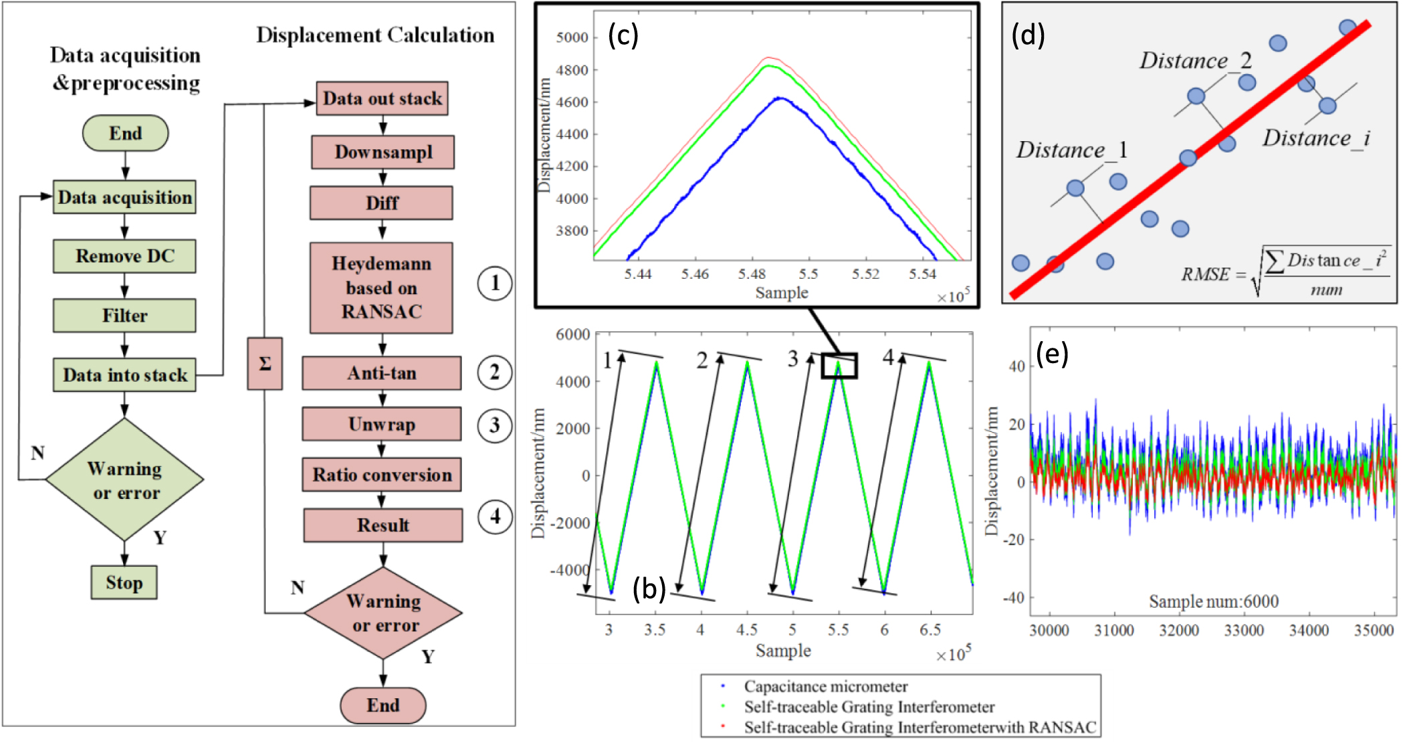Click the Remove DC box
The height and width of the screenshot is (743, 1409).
click(x=124, y=256)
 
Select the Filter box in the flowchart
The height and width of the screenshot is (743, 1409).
click(x=124, y=315)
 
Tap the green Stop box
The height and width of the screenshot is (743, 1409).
click(x=124, y=582)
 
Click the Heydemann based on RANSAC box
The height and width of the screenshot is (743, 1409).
click(x=381, y=288)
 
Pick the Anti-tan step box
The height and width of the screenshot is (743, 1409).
click(x=381, y=373)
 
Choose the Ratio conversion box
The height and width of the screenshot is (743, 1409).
click(x=382, y=475)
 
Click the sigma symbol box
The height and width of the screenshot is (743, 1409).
click(x=265, y=364)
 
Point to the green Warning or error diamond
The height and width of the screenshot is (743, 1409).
click(x=125, y=480)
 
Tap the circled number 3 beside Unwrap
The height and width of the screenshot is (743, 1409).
click(x=494, y=425)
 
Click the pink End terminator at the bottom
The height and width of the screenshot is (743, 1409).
click(x=383, y=705)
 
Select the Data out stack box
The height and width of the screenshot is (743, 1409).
click(x=382, y=98)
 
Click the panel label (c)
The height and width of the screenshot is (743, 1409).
click(x=623, y=35)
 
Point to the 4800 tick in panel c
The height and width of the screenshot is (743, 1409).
click(x=572, y=70)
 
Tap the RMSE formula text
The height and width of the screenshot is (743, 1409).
click(x=1284, y=273)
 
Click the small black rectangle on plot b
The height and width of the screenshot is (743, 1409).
click(x=839, y=366)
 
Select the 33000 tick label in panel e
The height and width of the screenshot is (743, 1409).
click(x=1243, y=630)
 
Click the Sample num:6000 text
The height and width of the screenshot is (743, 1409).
click(x=1213, y=601)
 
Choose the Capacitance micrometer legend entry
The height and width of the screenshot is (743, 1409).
click(x=825, y=686)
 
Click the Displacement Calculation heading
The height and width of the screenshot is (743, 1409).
click(x=375, y=35)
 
